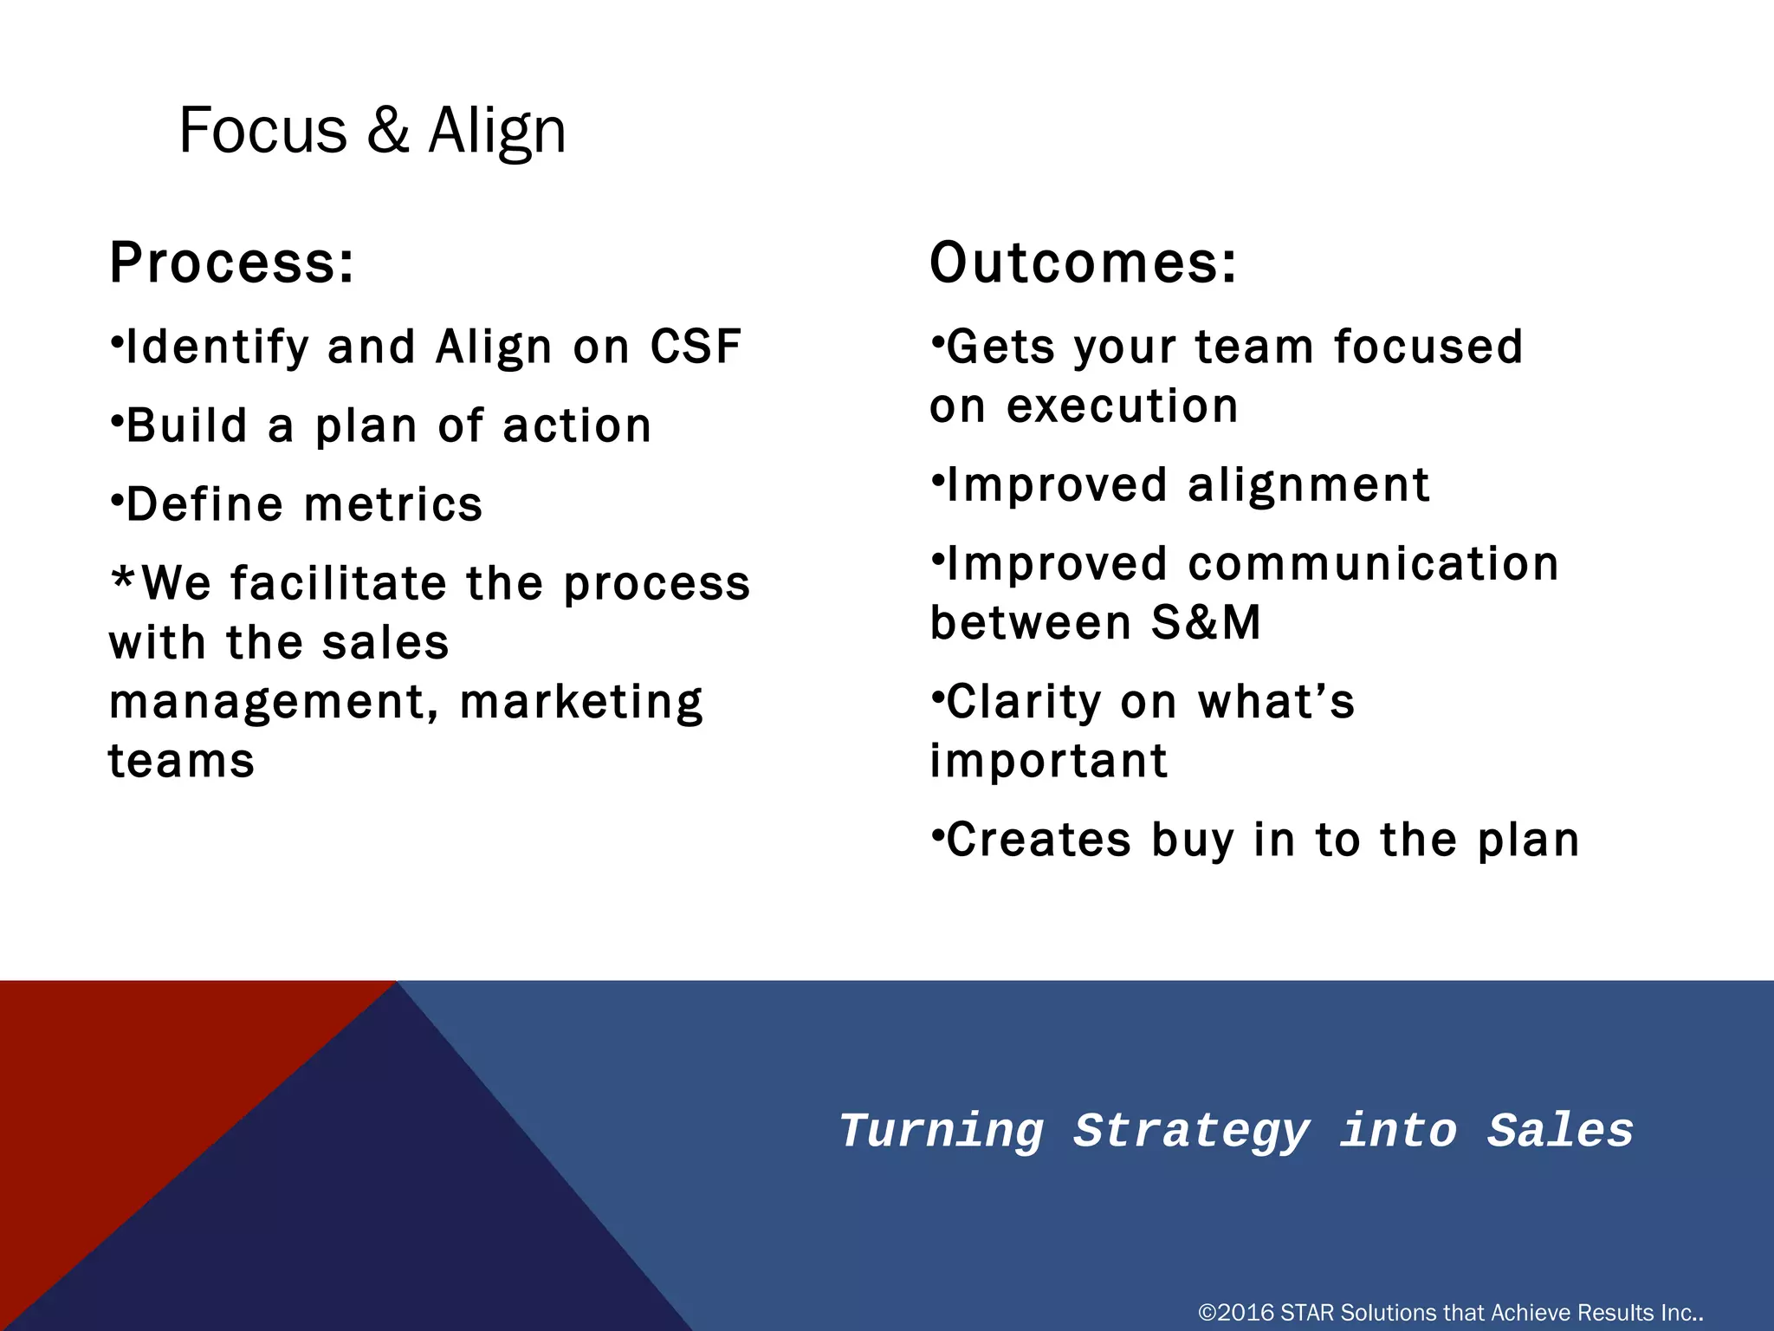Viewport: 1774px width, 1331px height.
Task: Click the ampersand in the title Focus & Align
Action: (387, 131)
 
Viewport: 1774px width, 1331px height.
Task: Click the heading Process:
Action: (231, 263)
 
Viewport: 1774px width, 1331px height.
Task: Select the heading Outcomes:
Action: (1083, 263)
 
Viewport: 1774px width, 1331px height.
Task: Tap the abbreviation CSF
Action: (696, 347)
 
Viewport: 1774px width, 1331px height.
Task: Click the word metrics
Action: (393, 504)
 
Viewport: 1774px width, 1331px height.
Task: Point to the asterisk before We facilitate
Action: (123, 579)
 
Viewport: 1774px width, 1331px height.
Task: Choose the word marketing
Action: (581, 702)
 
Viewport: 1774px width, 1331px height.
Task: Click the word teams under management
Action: (181, 761)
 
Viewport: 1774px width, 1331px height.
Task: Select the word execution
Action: (1122, 406)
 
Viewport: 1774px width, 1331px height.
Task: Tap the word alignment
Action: (1308, 484)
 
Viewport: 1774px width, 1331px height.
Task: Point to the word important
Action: (1048, 761)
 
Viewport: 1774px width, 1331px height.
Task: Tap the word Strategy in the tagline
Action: (1191, 1131)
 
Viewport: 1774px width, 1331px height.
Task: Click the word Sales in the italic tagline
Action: (1560, 1131)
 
